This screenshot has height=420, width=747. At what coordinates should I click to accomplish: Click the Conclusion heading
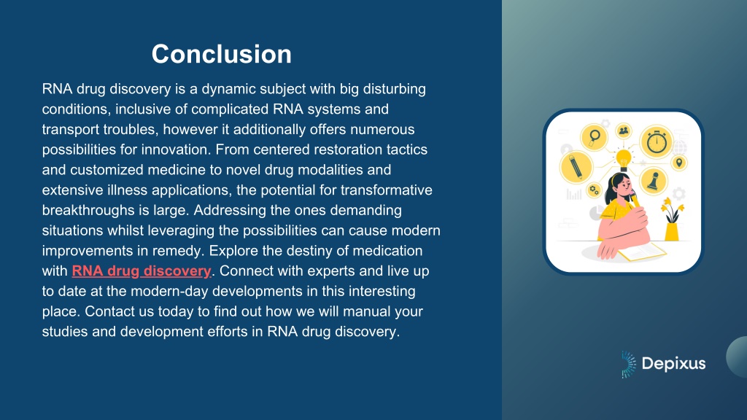[x=222, y=54]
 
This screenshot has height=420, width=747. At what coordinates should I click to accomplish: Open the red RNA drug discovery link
[x=142, y=271]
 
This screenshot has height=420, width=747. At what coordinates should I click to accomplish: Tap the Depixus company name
[x=673, y=363]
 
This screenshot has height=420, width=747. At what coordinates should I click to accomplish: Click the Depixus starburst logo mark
[x=628, y=365]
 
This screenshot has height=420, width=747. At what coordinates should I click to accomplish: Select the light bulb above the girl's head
[x=624, y=160]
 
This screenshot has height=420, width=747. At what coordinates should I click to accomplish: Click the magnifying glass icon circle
[x=594, y=137]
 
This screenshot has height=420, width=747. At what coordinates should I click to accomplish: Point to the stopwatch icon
[x=657, y=141]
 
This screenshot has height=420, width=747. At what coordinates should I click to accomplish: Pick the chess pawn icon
[x=653, y=181]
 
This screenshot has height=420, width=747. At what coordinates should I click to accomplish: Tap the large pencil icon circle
[x=576, y=167]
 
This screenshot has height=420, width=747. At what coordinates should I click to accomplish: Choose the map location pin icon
[x=679, y=163]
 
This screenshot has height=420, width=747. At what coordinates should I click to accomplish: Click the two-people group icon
[x=624, y=131]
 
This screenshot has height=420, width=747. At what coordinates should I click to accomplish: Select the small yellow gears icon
[x=594, y=190]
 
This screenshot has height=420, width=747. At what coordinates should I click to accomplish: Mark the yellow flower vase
[x=672, y=220]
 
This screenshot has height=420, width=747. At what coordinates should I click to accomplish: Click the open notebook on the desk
[x=643, y=252]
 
